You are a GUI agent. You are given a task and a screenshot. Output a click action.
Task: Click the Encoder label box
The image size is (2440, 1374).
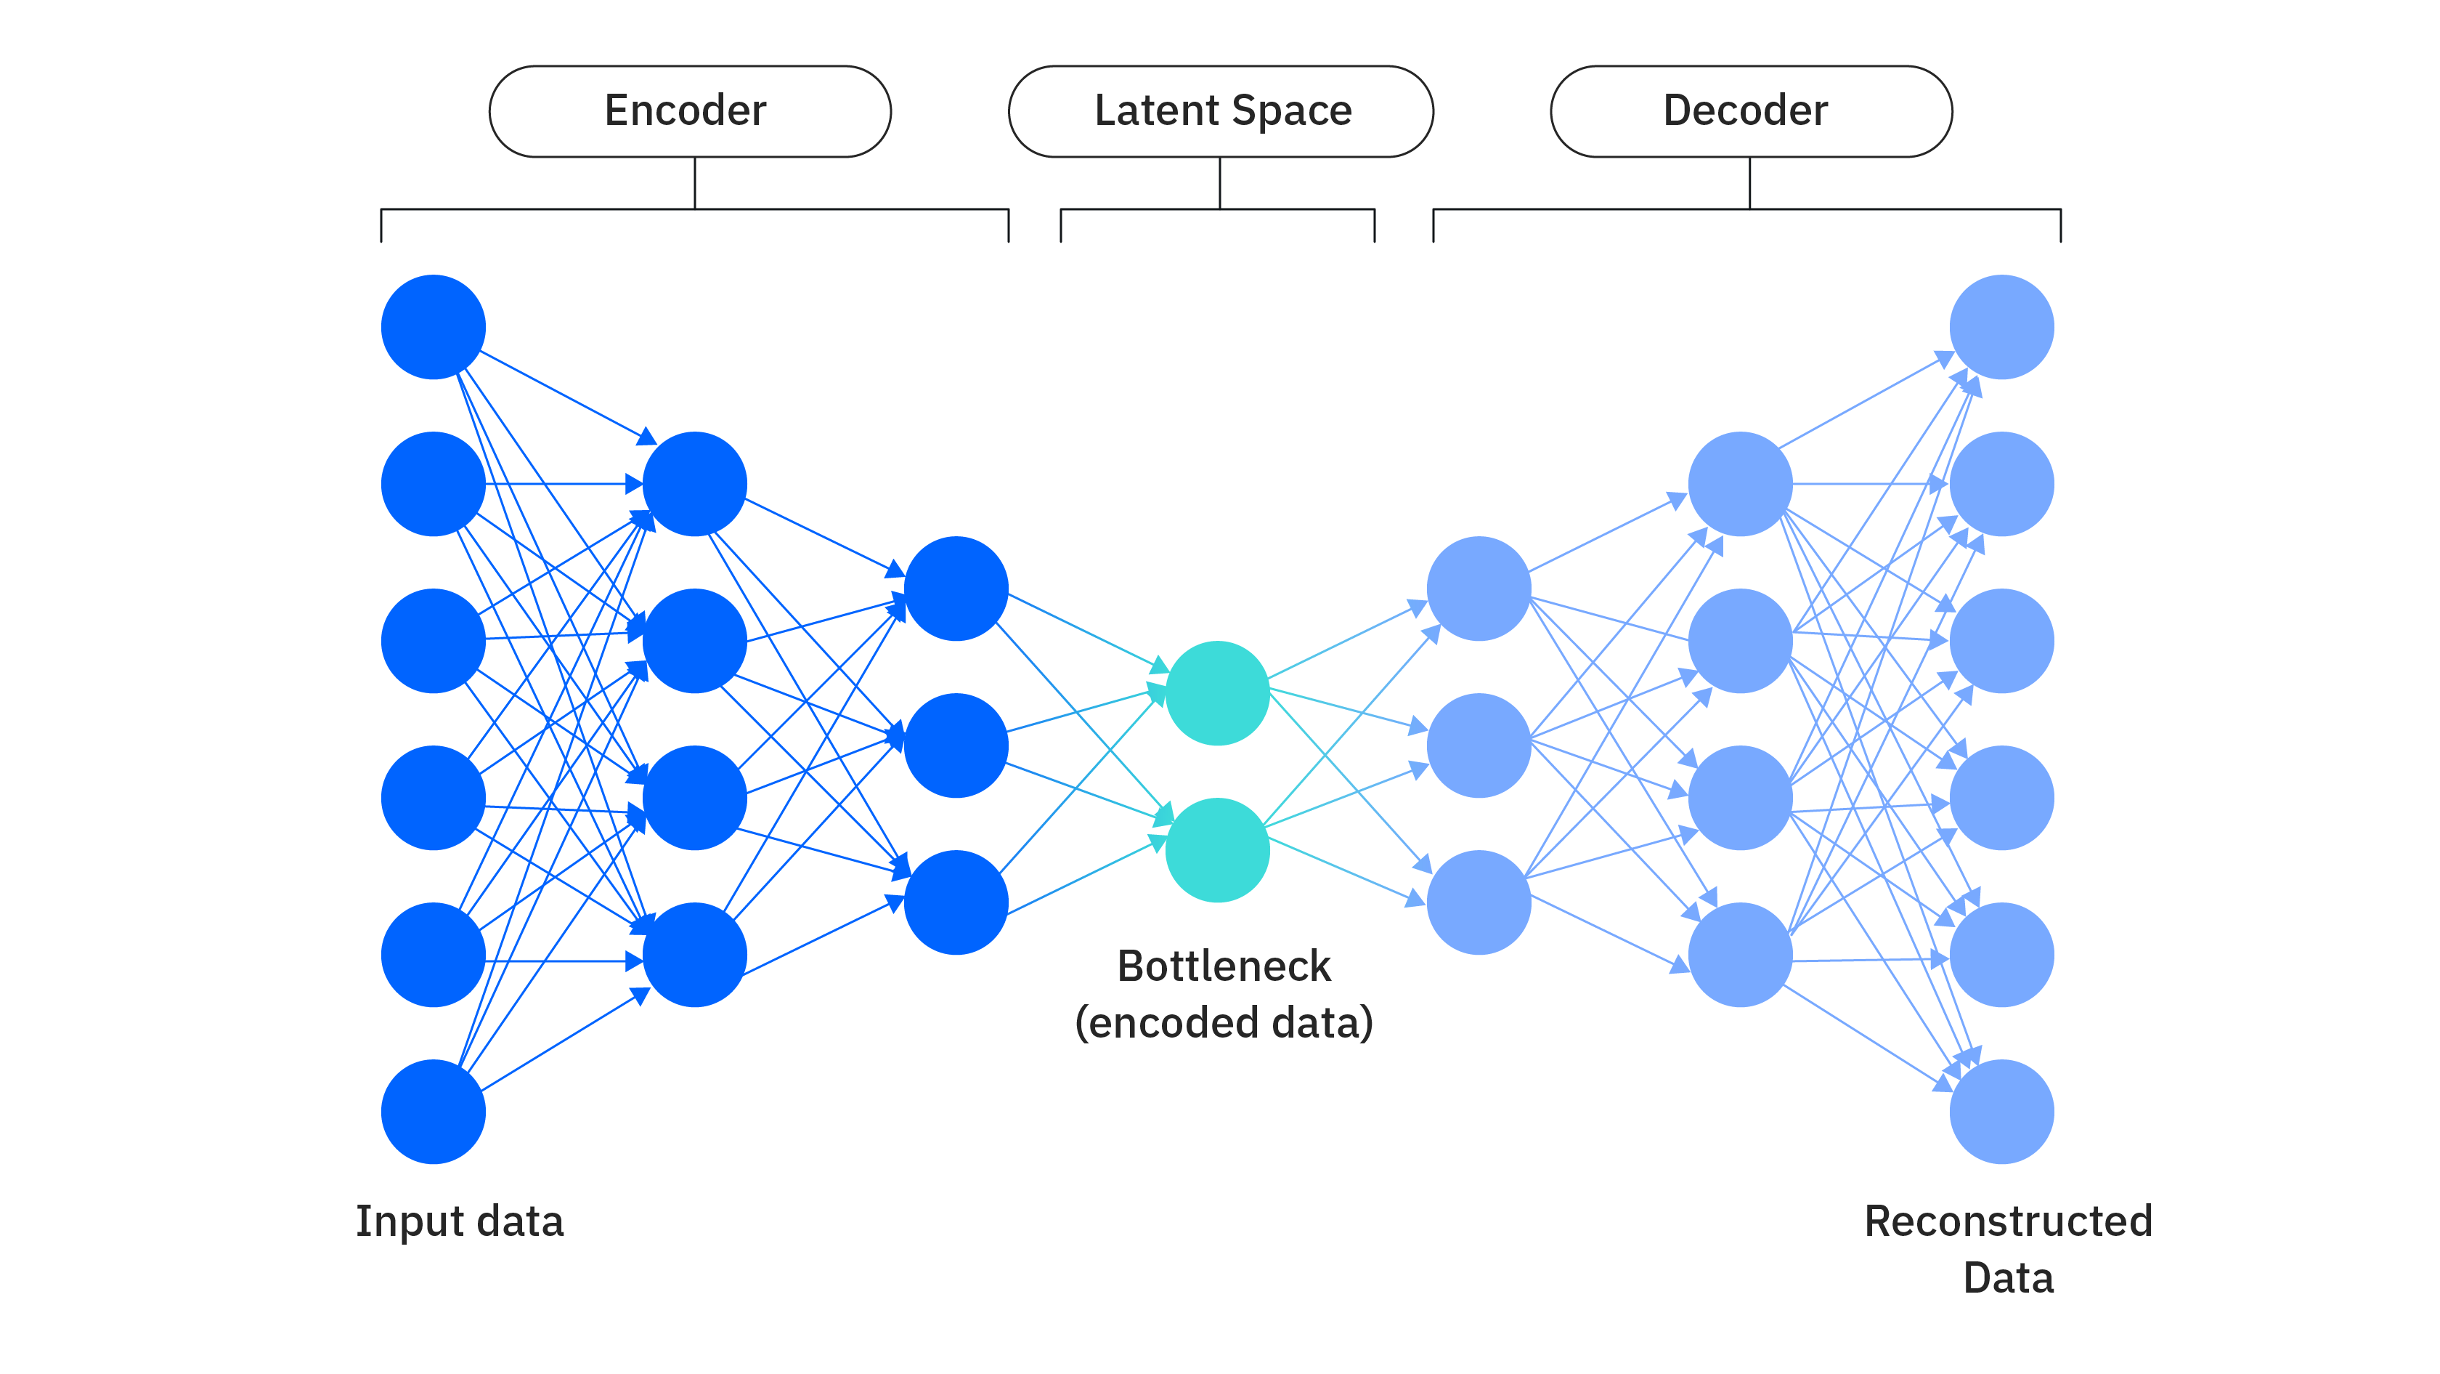point(690,111)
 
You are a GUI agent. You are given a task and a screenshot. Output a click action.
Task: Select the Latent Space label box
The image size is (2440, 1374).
point(1221,111)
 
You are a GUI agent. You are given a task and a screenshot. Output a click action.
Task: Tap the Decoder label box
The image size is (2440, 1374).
point(1750,111)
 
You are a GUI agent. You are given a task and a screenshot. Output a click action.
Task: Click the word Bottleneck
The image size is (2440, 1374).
point(1223,966)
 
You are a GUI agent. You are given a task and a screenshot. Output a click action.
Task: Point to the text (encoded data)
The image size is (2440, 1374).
point(1223,1023)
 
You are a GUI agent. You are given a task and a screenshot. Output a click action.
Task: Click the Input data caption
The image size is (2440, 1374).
point(460,1221)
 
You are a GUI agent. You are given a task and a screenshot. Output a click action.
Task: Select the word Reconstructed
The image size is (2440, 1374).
point(2008,1221)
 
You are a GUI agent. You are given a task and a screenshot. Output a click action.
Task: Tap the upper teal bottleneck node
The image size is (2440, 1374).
point(1217,692)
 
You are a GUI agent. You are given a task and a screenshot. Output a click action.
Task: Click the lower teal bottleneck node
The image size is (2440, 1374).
point(1217,850)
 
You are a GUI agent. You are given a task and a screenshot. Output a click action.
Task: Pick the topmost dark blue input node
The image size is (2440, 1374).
point(433,327)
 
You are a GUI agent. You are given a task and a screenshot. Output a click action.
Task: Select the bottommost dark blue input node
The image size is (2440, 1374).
point(433,1112)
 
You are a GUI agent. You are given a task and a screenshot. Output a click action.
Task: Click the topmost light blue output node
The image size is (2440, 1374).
point(2001,327)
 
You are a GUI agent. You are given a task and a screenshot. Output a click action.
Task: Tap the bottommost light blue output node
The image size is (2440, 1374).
point(2001,1112)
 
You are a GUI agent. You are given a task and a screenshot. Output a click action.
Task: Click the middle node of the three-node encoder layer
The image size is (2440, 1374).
point(956,745)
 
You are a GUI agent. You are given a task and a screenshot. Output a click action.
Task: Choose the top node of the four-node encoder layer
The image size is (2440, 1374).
point(694,484)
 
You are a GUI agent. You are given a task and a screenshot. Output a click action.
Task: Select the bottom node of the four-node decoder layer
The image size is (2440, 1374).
point(1740,954)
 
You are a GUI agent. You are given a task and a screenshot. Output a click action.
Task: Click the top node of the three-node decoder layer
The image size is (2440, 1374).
point(1479,589)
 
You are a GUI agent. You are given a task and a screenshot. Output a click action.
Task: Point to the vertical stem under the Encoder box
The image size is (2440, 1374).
point(694,183)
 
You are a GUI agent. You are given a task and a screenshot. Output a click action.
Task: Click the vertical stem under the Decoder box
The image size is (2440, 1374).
point(1749,183)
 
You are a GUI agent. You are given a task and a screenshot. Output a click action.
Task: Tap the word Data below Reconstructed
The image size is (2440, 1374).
point(2008,1278)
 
